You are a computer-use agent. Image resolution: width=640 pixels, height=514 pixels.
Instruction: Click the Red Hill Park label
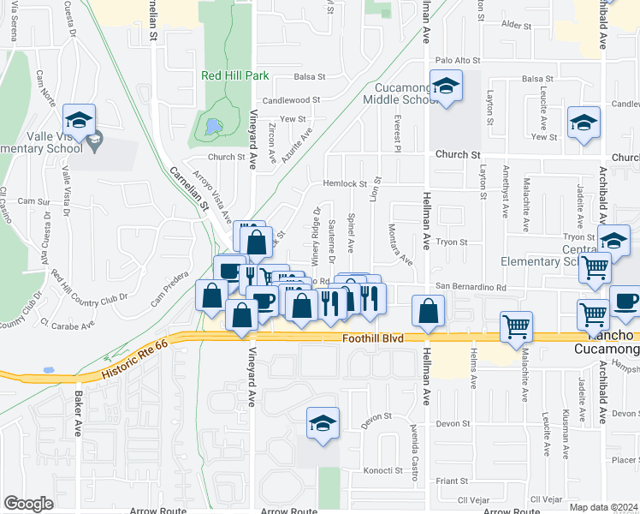(235, 75)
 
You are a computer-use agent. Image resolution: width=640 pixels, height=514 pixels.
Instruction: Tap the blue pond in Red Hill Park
(210, 128)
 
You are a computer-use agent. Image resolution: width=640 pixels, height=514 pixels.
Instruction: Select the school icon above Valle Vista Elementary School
(79, 120)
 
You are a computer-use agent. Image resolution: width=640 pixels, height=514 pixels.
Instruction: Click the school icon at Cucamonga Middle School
(445, 86)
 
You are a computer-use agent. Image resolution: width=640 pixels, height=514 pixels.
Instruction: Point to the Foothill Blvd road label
(372, 338)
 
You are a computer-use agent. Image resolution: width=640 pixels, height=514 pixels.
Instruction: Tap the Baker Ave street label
(77, 414)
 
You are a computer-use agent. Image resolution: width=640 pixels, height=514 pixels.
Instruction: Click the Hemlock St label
(344, 183)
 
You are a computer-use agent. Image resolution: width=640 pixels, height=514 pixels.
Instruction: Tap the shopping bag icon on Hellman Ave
(429, 312)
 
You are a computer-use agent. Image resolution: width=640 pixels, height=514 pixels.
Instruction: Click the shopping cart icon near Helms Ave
(517, 327)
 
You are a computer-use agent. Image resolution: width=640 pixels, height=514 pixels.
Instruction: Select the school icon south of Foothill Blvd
(323, 423)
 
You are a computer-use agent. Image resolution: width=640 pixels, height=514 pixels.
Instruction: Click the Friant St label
(452, 482)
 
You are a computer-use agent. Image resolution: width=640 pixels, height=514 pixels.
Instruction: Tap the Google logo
(28, 504)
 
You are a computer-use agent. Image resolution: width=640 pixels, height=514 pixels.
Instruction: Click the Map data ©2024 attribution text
(603, 507)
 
